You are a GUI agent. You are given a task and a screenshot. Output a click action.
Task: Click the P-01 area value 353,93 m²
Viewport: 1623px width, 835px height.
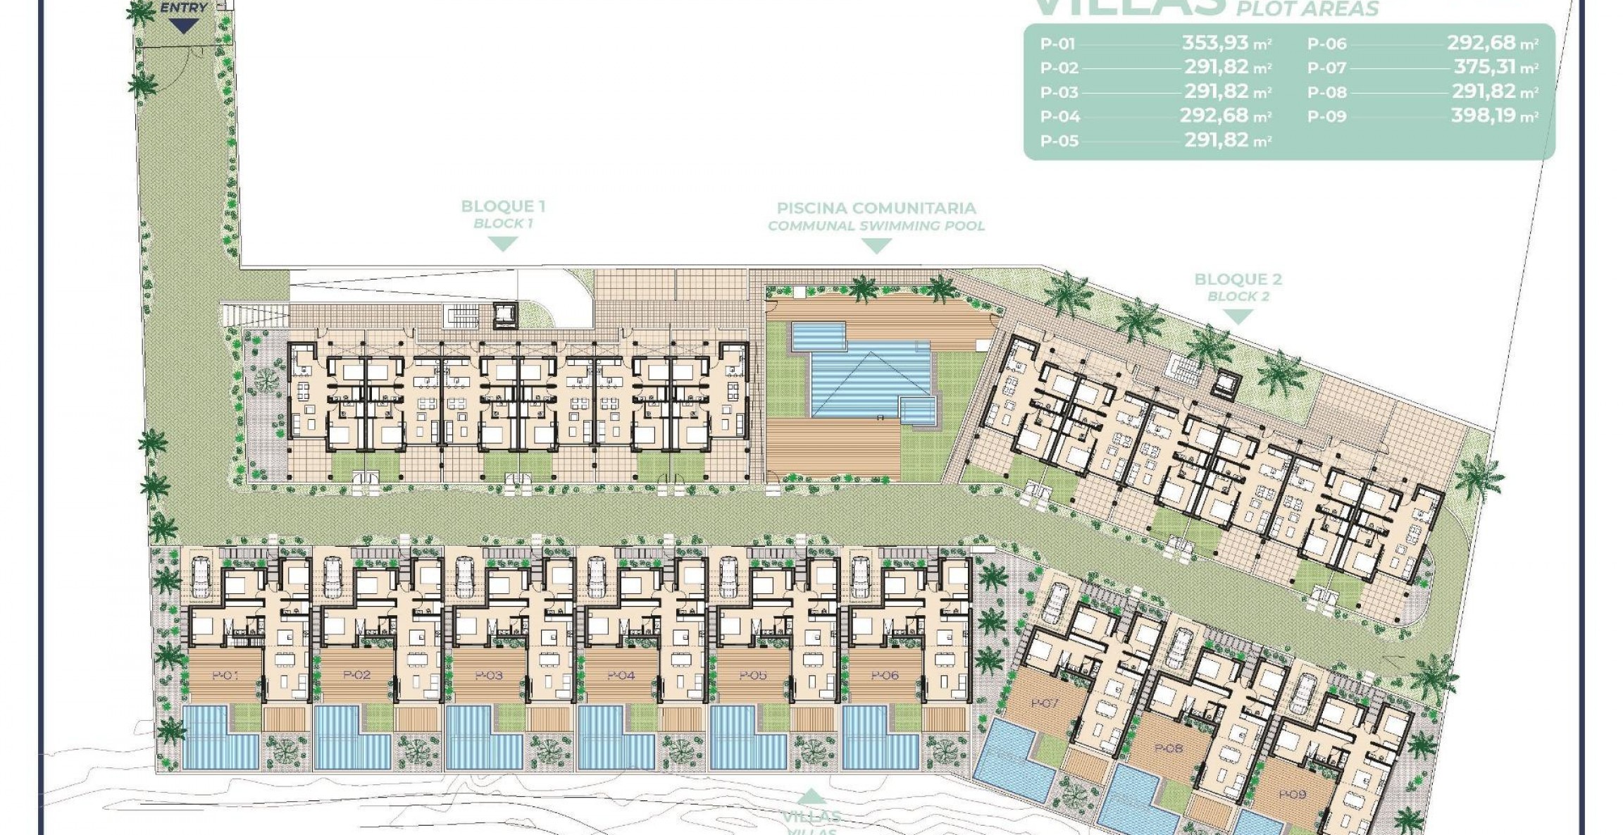[x=1226, y=43]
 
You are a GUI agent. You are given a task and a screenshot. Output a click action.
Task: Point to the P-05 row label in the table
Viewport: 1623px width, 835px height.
[x=1059, y=141]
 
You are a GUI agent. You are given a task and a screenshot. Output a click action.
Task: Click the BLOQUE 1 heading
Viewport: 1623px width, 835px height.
[x=503, y=206]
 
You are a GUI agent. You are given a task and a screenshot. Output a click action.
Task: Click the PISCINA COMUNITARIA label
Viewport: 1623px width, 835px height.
[x=876, y=208]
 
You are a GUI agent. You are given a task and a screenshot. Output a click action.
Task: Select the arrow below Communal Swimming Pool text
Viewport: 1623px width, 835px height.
[x=876, y=246]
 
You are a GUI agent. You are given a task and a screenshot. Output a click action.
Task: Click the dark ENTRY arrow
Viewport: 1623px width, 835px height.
[x=184, y=27]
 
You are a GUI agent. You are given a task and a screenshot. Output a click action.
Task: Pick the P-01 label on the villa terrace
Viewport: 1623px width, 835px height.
[x=225, y=676]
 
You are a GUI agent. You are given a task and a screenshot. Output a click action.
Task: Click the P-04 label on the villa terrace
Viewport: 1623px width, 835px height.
[x=621, y=676]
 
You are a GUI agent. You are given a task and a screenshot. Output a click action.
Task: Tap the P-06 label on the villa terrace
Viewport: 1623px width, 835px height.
[x=885, y=676]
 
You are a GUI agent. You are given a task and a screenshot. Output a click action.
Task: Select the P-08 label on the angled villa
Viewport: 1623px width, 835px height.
[x=1169, y=748]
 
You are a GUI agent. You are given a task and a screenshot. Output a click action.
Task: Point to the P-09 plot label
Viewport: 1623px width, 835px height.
[x=1292, y=794]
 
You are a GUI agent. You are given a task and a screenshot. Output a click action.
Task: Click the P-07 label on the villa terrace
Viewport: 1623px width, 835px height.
[x=1044, y=703]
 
